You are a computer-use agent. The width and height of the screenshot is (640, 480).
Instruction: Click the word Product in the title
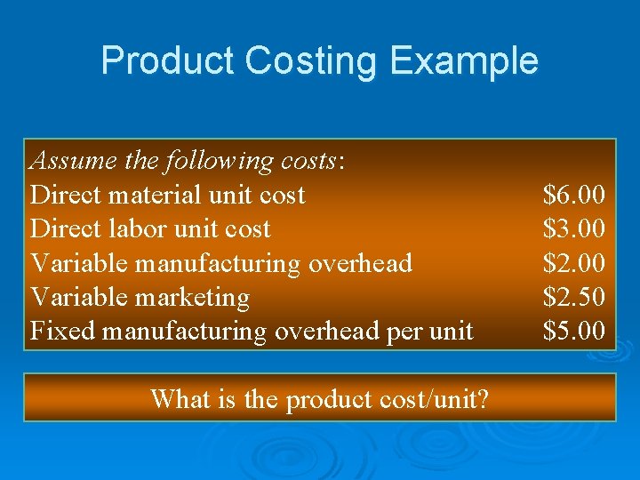[167, 61]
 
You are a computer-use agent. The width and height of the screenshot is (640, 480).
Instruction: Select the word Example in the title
[464, 61]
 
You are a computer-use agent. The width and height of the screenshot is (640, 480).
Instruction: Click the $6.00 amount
[574, 195]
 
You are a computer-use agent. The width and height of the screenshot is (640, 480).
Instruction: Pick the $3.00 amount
[574, 228]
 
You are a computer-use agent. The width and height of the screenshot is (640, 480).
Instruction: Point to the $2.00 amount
[574, 263]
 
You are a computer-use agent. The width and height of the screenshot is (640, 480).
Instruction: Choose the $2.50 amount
[574, 297]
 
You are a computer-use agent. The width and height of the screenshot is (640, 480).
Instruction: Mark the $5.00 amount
[574, 331]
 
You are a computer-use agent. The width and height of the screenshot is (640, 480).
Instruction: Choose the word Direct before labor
[65, 228]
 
